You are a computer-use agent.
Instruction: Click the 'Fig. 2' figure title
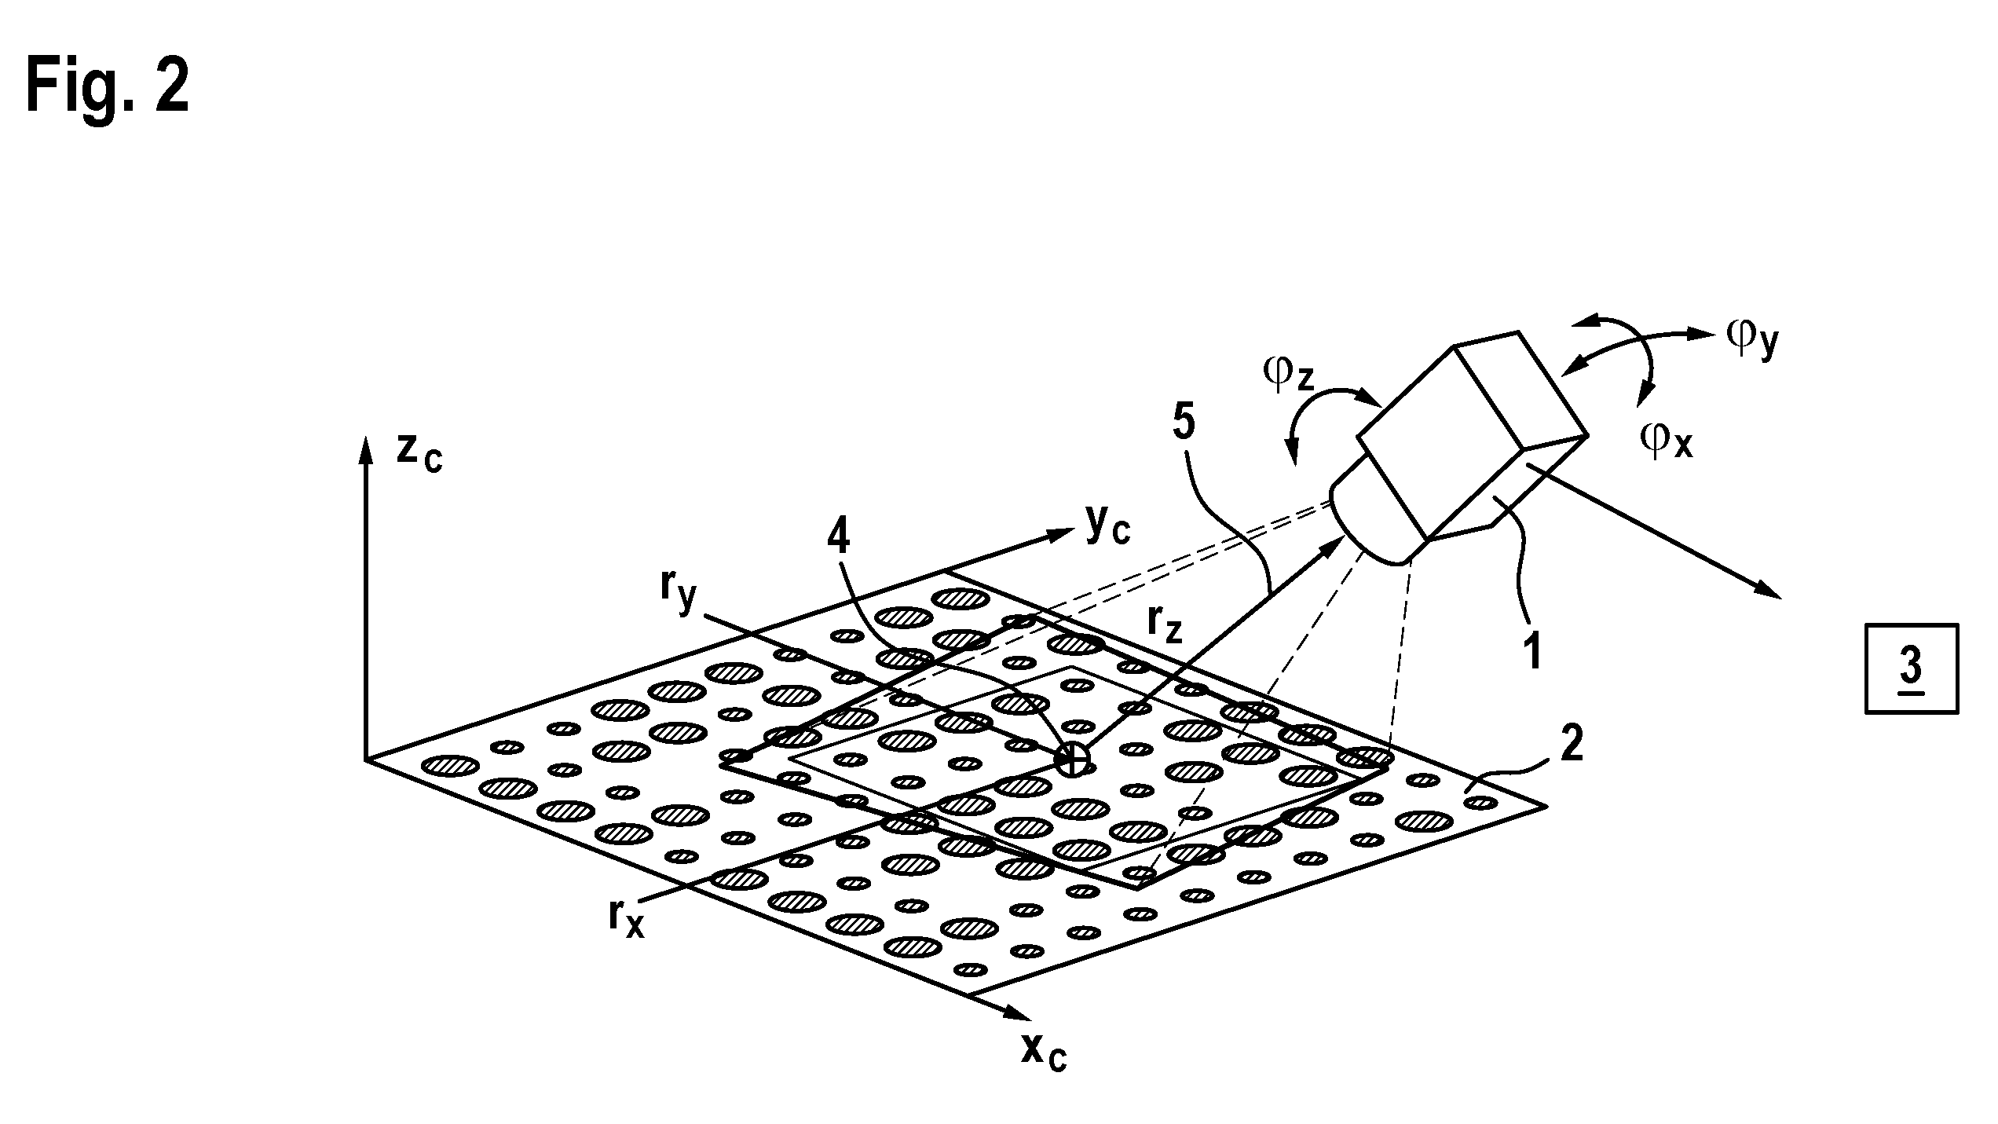click(108, 89)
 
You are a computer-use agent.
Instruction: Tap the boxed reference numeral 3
click(1911, 668)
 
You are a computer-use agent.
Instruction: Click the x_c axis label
click(1044, 1052)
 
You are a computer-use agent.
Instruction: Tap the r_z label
click(1165, 624)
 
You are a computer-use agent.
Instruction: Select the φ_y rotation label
click(1752, 339)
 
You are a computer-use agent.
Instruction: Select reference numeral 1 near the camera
click(1532, 651)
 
